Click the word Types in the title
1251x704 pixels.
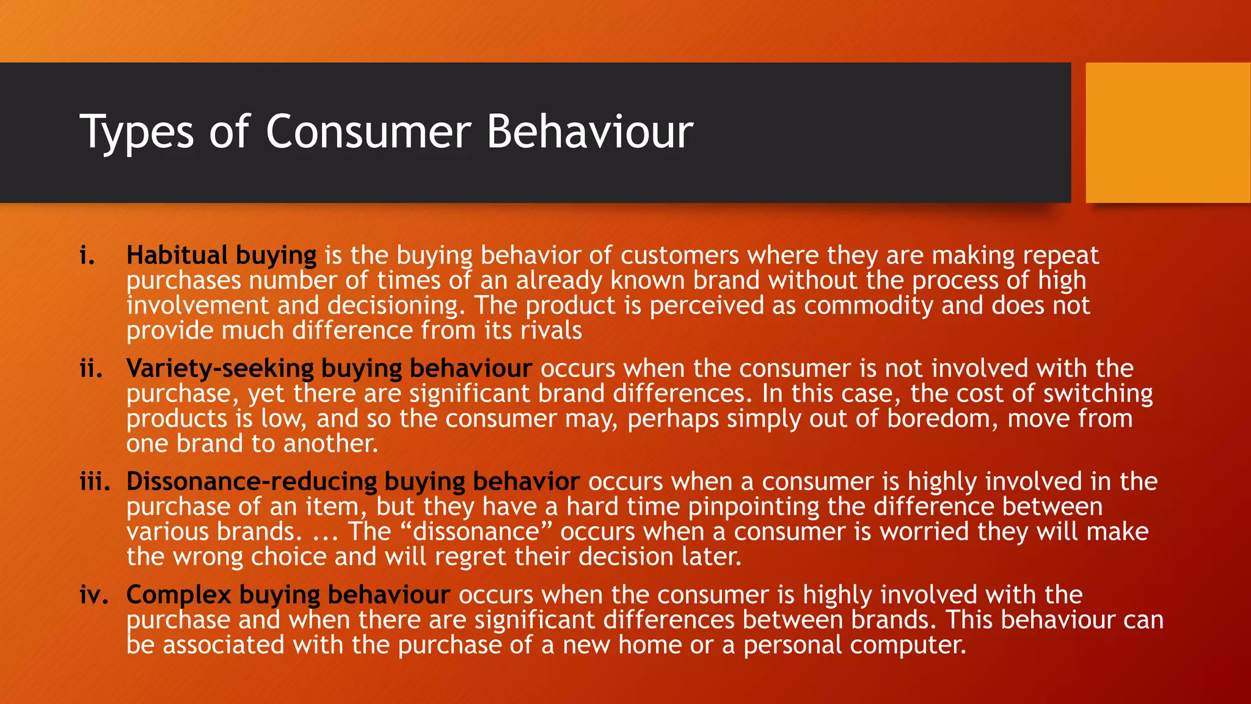pos(137,132)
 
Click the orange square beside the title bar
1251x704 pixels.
pos(1167,133)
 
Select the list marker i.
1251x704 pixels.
pos(87,255)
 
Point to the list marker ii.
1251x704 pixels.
pos(91,369)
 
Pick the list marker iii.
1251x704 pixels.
pos(95,482)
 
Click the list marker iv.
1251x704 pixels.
pos(93,595)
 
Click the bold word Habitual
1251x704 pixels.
pos(177,255)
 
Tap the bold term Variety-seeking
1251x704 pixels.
pos(220,369)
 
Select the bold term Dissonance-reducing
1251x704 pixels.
pos(251,482)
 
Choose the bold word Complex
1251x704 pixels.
pos(178,595)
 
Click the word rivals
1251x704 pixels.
pos(551,331)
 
